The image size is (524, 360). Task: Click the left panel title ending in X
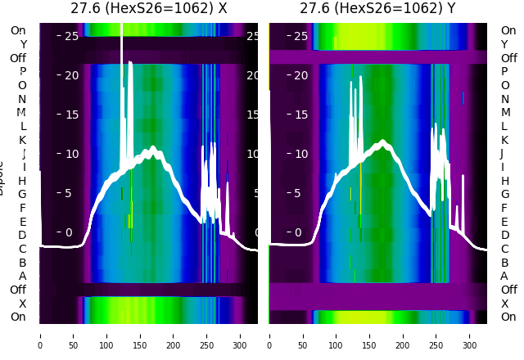[148, 8]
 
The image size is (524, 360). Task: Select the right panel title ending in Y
[377, 8]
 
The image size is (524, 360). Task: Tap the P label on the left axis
[23, 71]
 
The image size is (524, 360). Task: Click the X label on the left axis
[23, 304]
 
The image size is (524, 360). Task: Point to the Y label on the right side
[505, 44]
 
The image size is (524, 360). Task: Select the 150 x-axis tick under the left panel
[140, 335]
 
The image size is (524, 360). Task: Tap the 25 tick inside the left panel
[71, 36]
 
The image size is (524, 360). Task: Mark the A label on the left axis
[23, 276]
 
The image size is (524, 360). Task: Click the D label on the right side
[504, 235]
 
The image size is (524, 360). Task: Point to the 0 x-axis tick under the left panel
[40, 335]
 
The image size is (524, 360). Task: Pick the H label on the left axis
[23, 181]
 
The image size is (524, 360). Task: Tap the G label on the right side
[504, 194]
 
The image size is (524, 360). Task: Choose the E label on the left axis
[23, 222]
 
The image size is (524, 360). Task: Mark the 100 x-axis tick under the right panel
[337, 335]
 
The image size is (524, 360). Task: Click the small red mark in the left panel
[121, 193]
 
